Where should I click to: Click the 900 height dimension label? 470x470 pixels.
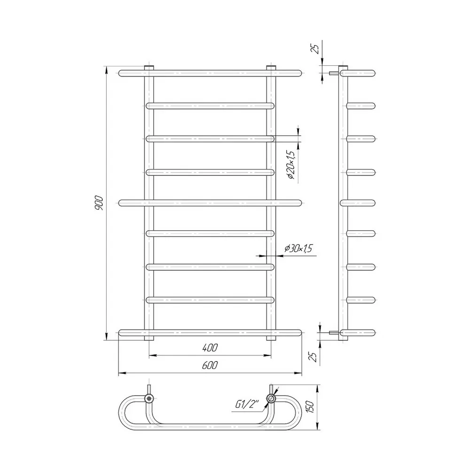coord(99,203)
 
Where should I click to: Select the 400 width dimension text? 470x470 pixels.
coord(210,348)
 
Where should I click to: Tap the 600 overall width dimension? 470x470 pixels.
coord(210,365)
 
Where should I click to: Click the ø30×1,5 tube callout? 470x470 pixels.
coord(298,249)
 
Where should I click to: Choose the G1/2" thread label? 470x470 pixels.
coord(247,404)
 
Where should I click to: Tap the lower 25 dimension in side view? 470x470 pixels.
coord(313,357)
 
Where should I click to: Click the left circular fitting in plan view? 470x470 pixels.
coord(149,399)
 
